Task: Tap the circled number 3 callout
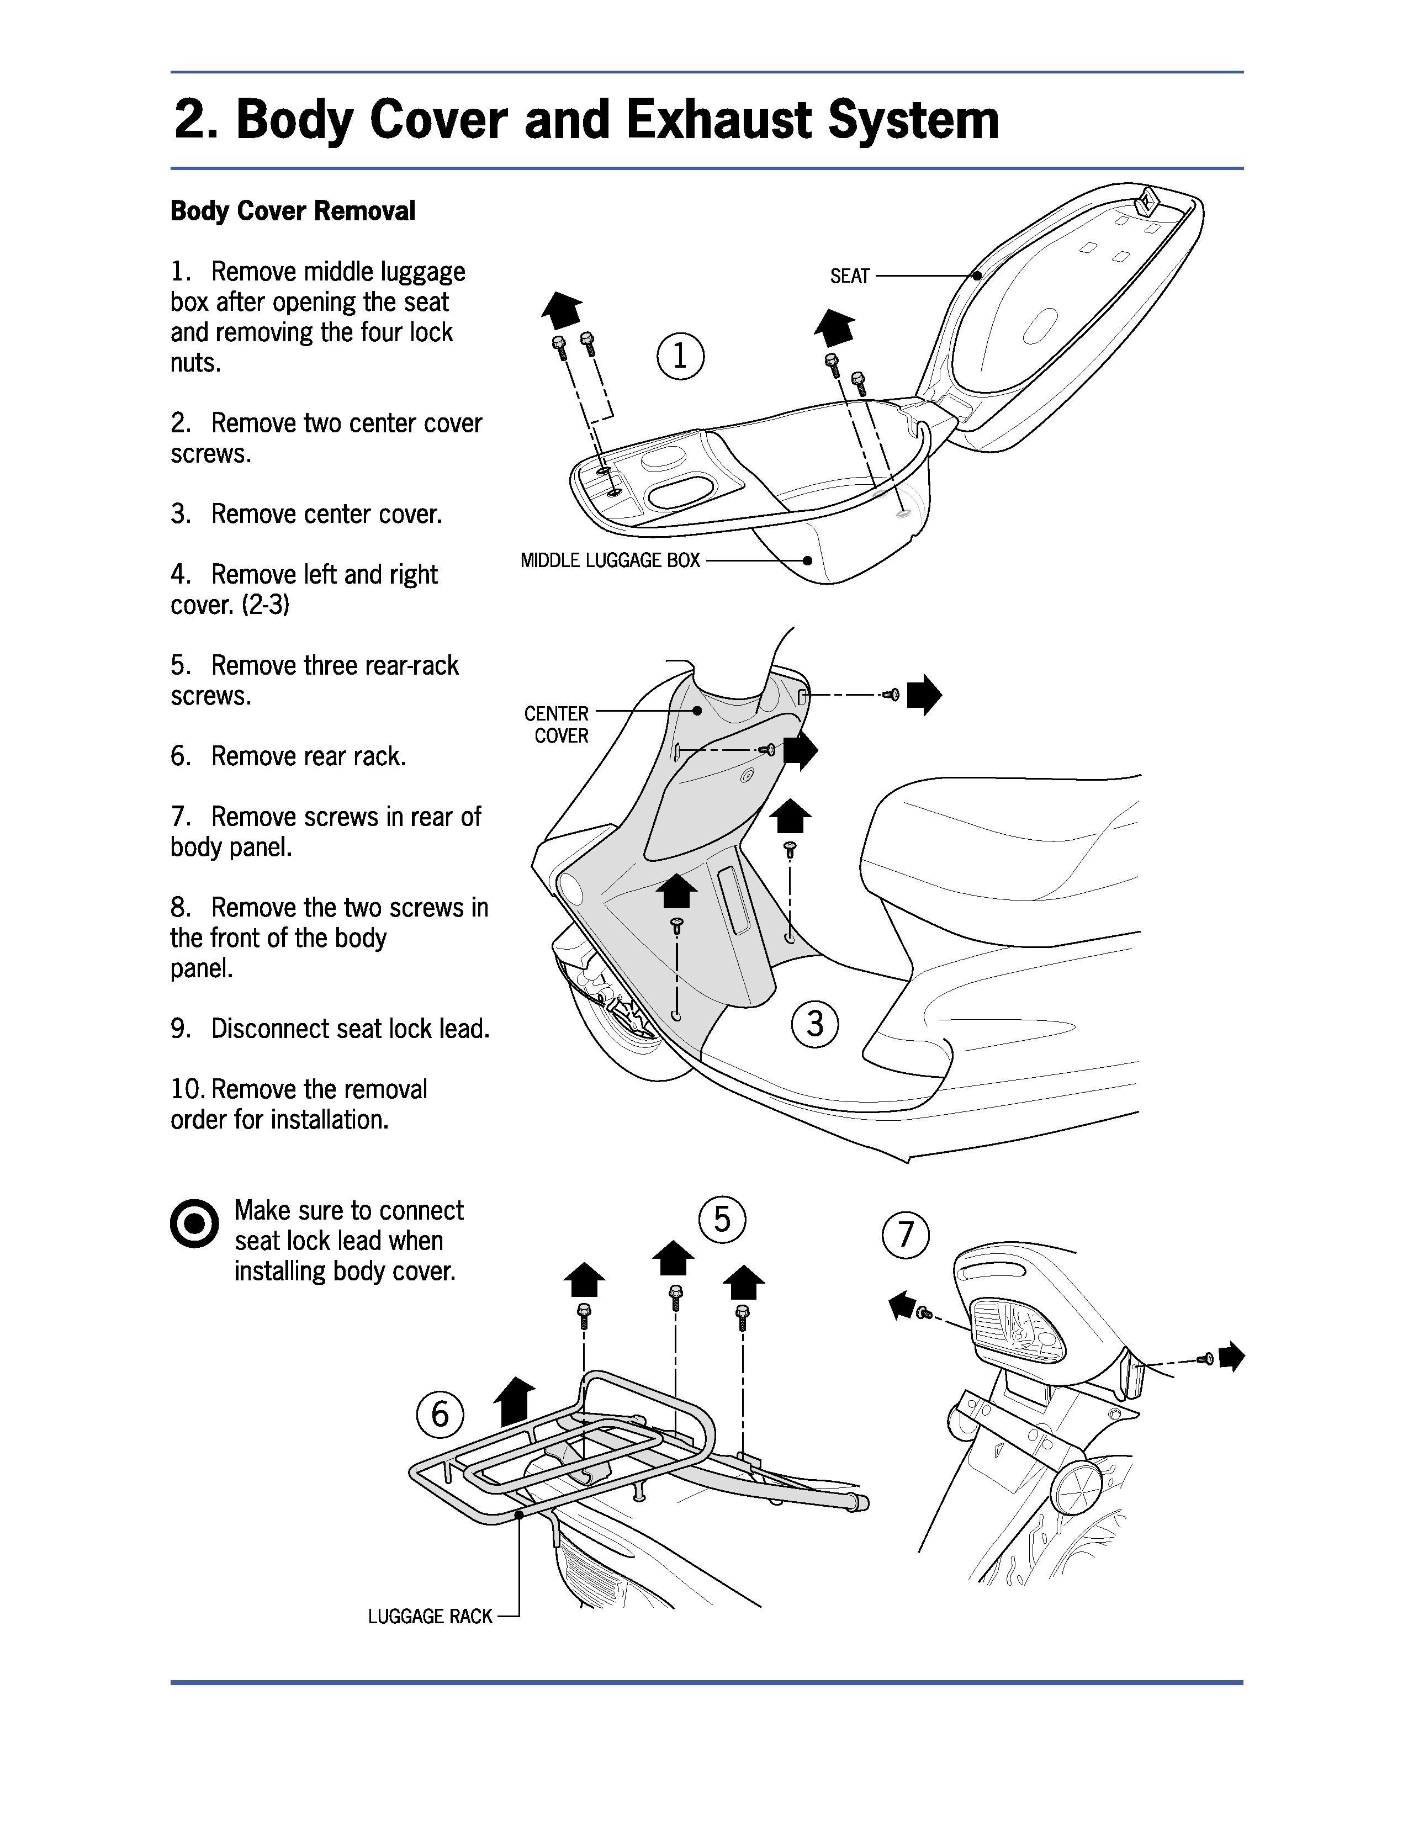[815, 1023]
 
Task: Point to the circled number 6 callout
[440, 1413]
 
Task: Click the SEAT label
[849, 276]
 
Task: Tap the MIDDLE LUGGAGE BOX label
[610, 560]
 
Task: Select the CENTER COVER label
[557, 724]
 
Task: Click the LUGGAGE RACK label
[430, 1617]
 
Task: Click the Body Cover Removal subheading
[293, 211]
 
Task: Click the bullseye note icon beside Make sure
[194, 1225]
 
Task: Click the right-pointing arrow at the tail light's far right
[1231, 1357]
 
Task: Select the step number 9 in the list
[181, 1029]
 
